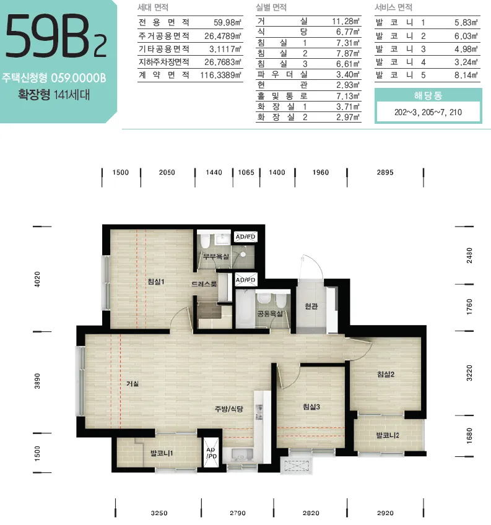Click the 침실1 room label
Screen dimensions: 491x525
(x=156, y=282)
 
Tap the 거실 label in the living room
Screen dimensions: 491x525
(x=133, y=383)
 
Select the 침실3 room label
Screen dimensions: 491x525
(x=311, y=407)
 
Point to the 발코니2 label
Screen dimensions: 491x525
(x=388, y=435)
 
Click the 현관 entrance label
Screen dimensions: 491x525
(x=311, y=306)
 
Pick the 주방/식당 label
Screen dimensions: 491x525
(x=228, y=409)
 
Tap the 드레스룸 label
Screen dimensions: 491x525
(x=204, y=284)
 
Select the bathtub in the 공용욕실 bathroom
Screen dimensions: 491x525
(x=245, y=308)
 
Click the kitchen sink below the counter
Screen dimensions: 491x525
(x=240, y=456)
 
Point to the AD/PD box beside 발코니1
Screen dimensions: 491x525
(x=211, y=453)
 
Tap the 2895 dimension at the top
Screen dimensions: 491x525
(x=385, y=173)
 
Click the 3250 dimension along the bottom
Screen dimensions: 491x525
(x=159, y=513)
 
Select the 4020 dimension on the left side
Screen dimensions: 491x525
(x=37, y=279)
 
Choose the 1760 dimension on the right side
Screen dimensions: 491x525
(x=469, y=306)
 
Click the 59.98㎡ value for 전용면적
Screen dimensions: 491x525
(x=227, y=22)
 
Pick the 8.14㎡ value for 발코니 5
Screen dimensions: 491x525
(x=466, y=75)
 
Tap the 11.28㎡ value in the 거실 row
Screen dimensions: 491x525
(x=345, y=22)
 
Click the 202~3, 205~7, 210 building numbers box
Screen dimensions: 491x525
(x=428, y=112)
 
